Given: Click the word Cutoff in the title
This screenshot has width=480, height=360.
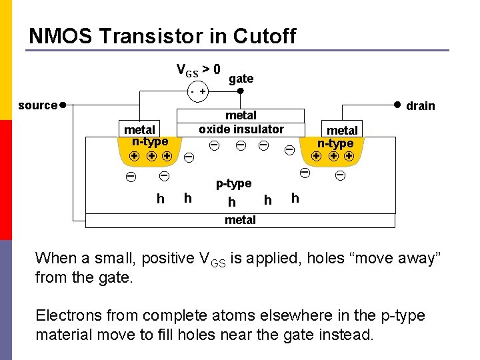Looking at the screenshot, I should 263,36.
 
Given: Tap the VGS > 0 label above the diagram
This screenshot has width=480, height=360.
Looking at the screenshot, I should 198,69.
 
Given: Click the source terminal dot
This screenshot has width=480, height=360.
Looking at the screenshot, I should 62,105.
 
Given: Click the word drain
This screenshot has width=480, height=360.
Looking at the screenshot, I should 421,106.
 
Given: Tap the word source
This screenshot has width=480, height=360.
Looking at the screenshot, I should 37,105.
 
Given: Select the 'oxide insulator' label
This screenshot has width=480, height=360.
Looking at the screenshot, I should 241,129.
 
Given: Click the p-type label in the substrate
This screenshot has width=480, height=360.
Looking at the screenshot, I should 233,183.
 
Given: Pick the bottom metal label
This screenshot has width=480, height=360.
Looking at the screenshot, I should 240,220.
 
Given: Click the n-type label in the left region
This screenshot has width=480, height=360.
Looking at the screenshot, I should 150,141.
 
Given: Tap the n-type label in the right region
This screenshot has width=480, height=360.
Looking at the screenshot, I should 335,143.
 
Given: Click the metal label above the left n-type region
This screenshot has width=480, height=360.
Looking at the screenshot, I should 140,129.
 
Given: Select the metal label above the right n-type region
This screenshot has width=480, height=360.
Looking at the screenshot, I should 342,130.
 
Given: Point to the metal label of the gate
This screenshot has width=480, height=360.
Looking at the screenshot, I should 241,116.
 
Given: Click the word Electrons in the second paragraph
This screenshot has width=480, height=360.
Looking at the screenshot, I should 66,315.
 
